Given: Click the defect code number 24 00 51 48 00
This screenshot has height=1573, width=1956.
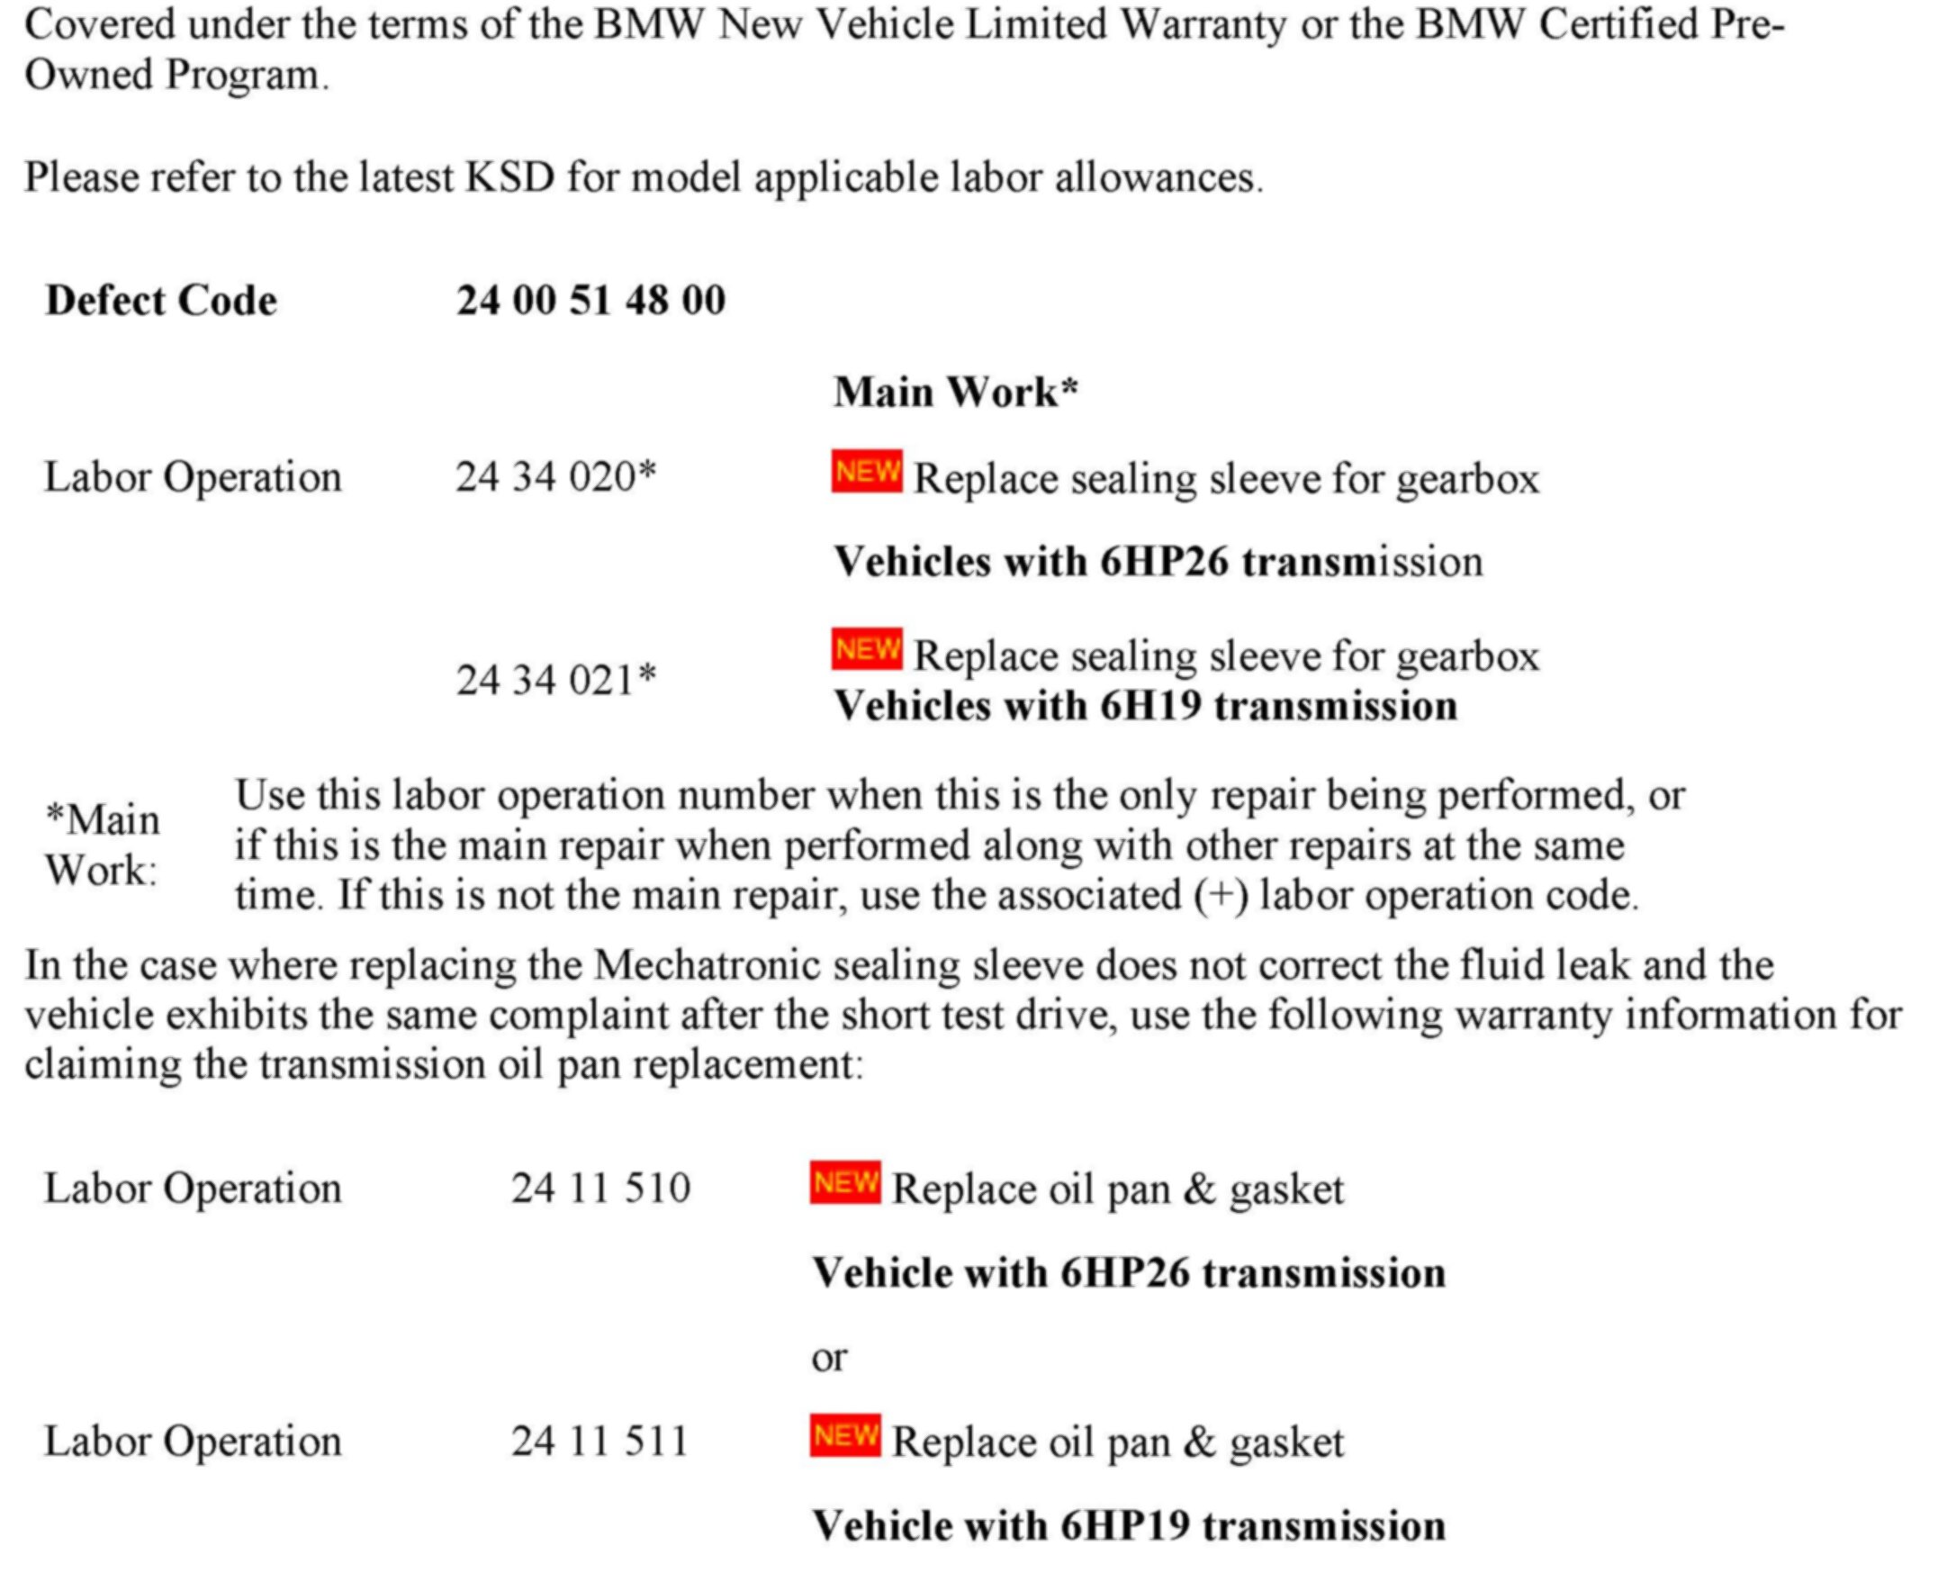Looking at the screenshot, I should [x=590, y=301].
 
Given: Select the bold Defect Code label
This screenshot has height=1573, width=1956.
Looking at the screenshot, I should [x=161, y=301].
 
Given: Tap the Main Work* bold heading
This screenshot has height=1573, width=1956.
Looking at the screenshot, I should [x=955, y=392].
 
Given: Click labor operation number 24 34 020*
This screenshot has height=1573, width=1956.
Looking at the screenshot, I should [x=555, y=476].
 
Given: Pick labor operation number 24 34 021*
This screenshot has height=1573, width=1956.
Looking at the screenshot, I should [x=555, y=680].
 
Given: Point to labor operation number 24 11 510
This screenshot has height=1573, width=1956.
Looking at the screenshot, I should [x=600, y=1189].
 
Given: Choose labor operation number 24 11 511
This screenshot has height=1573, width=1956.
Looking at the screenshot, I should [x=599, y=1442].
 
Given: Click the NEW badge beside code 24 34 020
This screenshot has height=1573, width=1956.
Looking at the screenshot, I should [x=867, y=472].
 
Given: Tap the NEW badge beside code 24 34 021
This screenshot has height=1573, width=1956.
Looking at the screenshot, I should [x=867, y=650].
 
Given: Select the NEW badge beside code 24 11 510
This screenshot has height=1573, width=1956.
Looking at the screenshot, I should [x=844, y=1183].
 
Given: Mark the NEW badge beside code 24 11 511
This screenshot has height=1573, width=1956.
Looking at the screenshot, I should [x=844, y=1435].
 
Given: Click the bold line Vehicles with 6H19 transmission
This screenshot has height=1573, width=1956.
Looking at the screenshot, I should [x=1145, y=706].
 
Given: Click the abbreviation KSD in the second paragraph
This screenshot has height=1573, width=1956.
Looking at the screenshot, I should [x=509, y=177].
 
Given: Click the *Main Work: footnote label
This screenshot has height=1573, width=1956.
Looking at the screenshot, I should [x=102, y=845].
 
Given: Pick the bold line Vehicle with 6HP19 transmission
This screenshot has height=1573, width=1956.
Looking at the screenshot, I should [x=1128, y=1526].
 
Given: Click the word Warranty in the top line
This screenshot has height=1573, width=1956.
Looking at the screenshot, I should [x=1203, y=24].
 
